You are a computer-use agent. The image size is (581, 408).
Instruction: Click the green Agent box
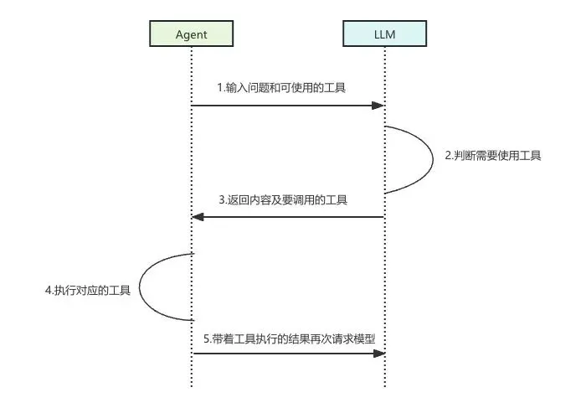(x=191, y=34)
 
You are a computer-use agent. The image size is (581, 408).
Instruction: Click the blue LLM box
(x=384, y=34)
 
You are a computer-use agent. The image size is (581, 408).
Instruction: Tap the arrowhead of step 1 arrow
(x=378, y=106)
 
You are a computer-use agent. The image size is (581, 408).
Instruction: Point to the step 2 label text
(x=492, y=156)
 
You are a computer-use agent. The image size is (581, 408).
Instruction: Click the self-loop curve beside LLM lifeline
(x=433, y=159)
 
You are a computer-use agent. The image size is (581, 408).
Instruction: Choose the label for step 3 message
(x=283, y=200)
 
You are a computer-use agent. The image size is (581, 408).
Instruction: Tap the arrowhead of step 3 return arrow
(x=198, y=217)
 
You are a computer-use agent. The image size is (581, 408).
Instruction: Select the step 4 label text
(x=88, y=291)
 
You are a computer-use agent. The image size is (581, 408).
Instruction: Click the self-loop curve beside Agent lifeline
(x=141, y=287)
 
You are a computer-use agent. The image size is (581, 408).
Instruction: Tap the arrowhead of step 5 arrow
(x=378, y=354)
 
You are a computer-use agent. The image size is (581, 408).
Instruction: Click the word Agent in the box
(x=191, y=34)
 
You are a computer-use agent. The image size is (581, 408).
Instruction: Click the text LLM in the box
(x=384, y=34)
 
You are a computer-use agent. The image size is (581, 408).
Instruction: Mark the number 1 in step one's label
(x=219, y=88)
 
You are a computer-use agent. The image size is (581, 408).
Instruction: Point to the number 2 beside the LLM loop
(x=448, y=157)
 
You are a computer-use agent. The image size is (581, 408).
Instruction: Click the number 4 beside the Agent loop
(x=48, y=292)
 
